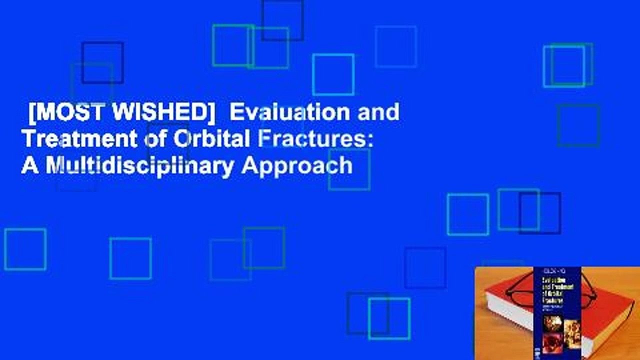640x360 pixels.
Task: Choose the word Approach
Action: point(297,165)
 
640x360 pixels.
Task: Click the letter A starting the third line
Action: point(28,165)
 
